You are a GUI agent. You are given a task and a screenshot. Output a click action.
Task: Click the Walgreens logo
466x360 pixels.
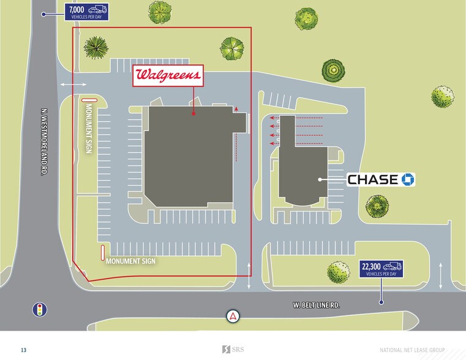click(x=168, y=76)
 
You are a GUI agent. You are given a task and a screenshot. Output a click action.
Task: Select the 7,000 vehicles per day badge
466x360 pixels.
click(x=87, y=12)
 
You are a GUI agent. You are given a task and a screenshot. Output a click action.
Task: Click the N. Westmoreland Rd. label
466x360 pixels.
click(x=44, y=142)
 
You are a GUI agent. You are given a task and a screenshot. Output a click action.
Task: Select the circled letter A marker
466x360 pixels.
click(x=233, y=316)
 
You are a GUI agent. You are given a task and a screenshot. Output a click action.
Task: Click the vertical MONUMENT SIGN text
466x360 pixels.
click(x=88, y=129)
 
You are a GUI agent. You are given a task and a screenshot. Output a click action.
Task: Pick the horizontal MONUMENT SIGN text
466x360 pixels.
click(x=130, y=261)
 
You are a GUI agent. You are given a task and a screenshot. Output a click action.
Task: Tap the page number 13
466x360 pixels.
click(x=23, y=350)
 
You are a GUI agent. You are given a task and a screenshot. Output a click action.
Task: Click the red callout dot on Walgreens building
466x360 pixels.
click(x=194, y=113)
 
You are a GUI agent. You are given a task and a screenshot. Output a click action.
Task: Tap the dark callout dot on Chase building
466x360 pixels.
click(x=320, y=179)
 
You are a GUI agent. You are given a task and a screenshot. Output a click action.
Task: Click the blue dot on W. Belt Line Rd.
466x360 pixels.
click(x=381, y=302)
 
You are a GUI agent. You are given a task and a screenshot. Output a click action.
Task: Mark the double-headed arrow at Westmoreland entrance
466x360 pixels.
click(x=73, y=85)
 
